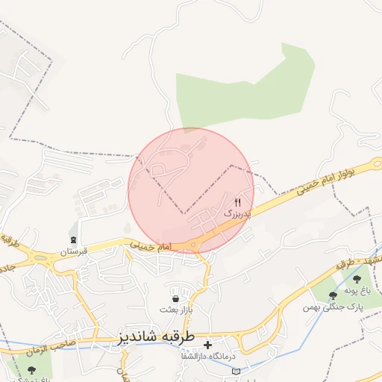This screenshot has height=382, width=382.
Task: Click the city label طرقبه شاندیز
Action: (x=155, y=336)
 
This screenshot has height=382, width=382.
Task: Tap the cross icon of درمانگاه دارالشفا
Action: (x=207, y=345)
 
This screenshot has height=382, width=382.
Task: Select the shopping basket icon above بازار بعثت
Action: (x=175, y=289)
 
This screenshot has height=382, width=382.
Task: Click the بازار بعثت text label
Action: (x=179, y=308)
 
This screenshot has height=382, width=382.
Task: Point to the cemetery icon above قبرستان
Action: (x=73, y=239)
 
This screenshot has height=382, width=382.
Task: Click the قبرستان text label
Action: (x=74, y=252)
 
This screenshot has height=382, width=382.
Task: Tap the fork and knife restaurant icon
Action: (x=238, y=202)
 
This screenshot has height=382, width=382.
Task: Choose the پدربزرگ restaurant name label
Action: (x=239, y=213)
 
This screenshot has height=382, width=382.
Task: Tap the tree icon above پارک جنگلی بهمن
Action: (x=333, y=295)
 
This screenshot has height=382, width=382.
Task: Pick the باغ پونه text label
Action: (x=357, y=291)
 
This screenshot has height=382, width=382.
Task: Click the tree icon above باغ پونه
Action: (x=357, y=279)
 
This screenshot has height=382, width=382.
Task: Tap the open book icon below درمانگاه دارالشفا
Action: (x=237, y=371)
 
